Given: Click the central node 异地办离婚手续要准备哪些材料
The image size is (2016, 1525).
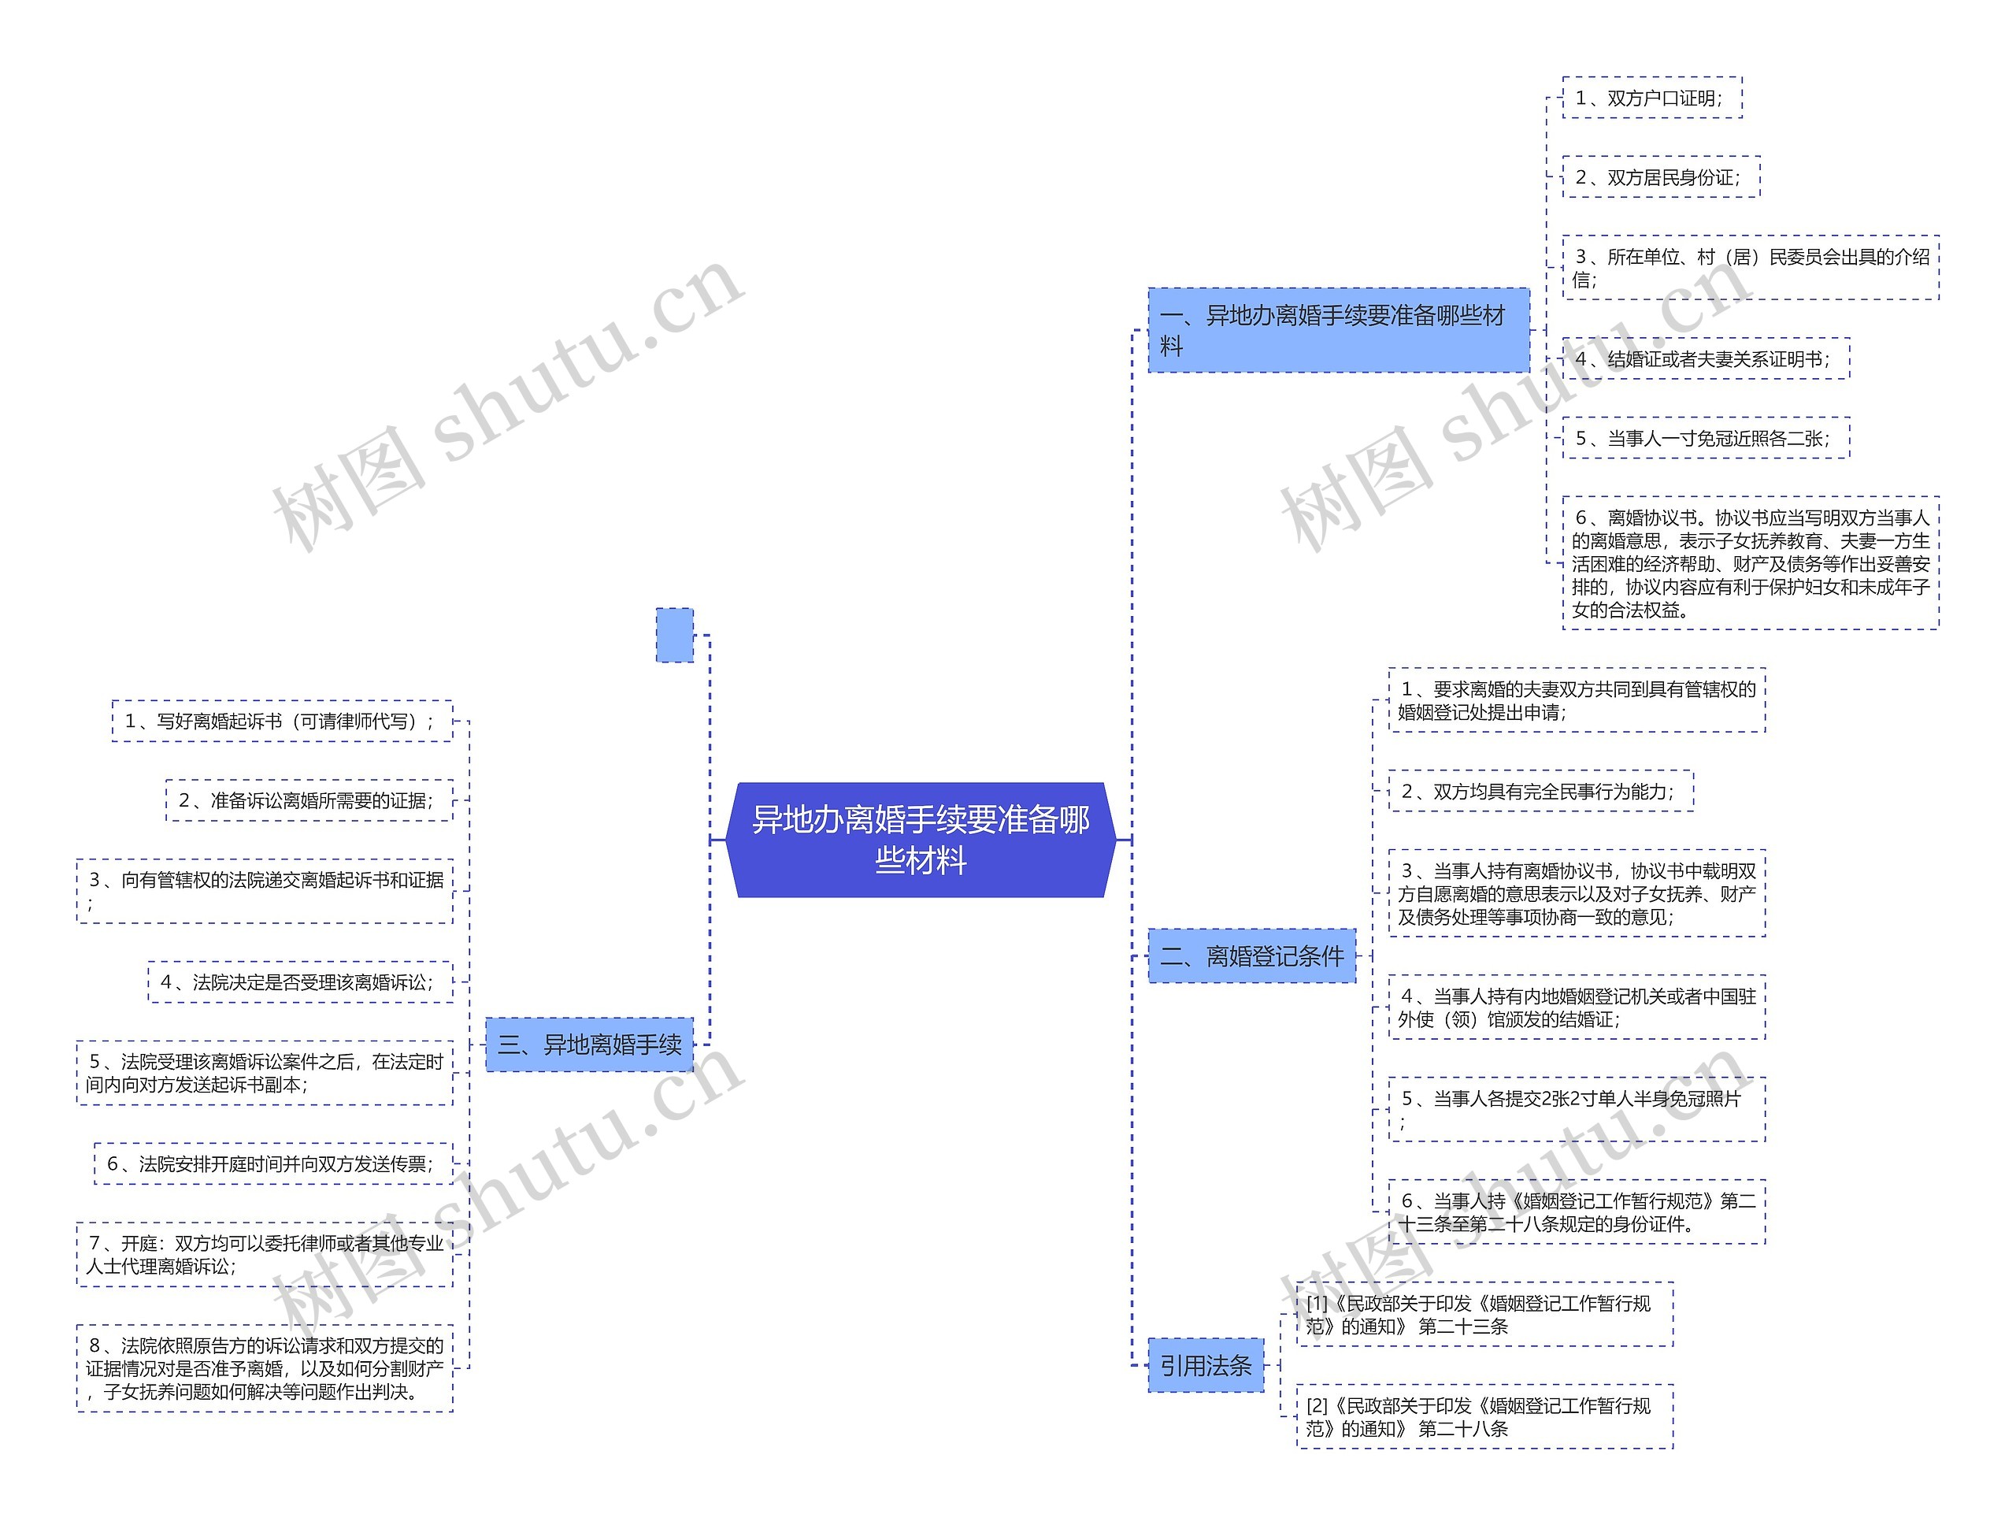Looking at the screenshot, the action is point(921,840).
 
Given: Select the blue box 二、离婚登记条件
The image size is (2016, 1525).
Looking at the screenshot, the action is point(1251,955).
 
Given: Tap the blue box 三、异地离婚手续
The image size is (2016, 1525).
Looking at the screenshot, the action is point(589,1044).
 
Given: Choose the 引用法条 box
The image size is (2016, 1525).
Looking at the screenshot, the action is point(1205,1364).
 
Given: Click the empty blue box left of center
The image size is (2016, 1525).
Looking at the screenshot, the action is point(674,634).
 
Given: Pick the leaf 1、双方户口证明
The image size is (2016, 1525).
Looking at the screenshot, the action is point(1651,98).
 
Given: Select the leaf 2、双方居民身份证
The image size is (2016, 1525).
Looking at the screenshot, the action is point(1661,176).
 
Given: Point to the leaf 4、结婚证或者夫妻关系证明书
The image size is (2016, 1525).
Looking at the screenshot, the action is point(1705,358).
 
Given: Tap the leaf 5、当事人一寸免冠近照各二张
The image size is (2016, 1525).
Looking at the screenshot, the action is point(1705,437).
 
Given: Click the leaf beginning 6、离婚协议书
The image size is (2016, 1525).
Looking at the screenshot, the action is point(1750,562).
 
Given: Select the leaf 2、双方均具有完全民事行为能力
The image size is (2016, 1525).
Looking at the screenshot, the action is point(1540,791).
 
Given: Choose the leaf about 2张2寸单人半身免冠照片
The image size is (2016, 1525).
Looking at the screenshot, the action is point(1576,1109).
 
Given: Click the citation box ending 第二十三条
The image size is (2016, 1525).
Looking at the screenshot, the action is point(1484,1314).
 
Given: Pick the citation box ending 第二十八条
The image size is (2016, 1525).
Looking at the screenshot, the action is point(1484,1416).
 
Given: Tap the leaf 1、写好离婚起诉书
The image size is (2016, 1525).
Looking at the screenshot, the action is point(282,721).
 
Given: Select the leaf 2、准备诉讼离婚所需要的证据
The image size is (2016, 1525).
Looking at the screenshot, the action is point(309,800).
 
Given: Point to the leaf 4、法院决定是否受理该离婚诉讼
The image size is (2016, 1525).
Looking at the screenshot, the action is point(300,981).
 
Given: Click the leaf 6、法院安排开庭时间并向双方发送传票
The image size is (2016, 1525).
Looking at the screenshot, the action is point(273,1163).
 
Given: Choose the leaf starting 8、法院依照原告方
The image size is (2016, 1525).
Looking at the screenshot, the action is point(265,1367).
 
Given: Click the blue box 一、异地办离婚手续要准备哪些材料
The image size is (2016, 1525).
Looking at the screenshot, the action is point(1338,330).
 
